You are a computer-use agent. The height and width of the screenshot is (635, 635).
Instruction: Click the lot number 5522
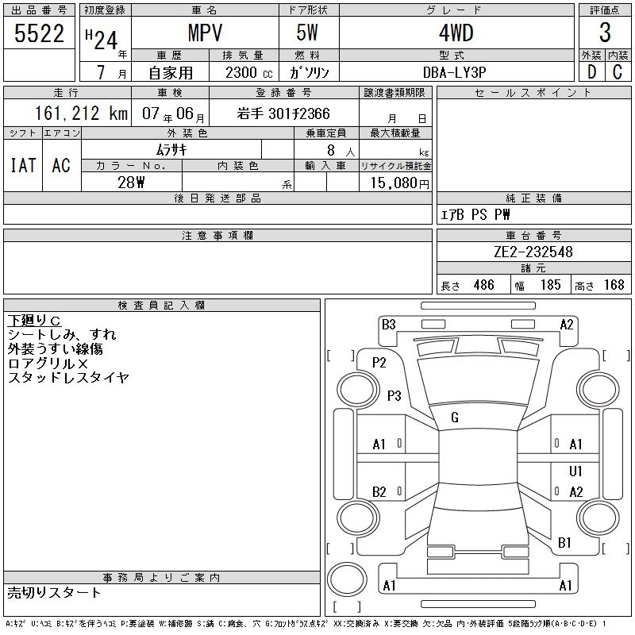pyautogui.click(x=40, y=34)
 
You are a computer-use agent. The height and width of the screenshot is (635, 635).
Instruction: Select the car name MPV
pyautogui.click(x=204, y=34)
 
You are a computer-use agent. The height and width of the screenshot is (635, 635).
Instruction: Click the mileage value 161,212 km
pyautogui.click(x=70, y=114)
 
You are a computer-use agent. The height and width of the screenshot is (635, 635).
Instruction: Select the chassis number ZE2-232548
pyautogui.click(x=533, y=252)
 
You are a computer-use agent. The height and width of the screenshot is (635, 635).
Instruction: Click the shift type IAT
pyautogui.click(x=23, y=165)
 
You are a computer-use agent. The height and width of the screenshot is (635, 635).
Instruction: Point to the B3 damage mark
pyautogui.click(x=388, y=324)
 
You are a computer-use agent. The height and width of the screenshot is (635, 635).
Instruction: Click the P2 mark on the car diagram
pyautogui.click(x=379, y=363)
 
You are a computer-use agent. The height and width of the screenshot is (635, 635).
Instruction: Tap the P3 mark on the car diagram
pyautogui.click(x=394, y=395)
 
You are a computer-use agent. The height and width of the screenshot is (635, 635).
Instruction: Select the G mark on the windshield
pyautogui.click(x=455, y=418)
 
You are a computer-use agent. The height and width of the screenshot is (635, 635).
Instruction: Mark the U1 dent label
pyautogui.click(x=576, y=471)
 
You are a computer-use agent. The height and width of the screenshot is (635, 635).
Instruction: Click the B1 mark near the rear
pyautogui.click(x=565, y=543)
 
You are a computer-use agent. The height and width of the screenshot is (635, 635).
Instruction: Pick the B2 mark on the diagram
pyautogui.click(x=379, y=492)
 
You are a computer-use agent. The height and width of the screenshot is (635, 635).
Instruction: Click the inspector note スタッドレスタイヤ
pyautogui.click(x=68, y=378)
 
